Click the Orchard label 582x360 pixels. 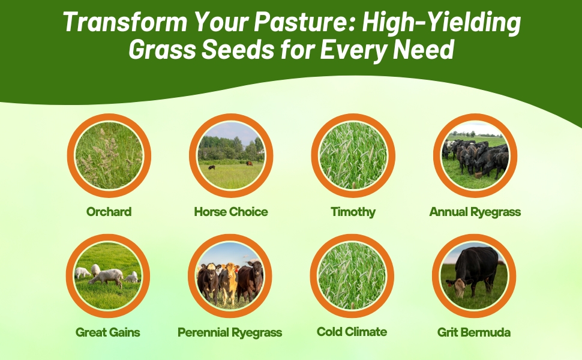pyautogui.click(x=109, y=212)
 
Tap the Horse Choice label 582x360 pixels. pyautogui.click(x=231, y=212)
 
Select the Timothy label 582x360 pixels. pyautogui.click(x=353, y=212)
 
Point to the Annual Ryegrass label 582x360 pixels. pyautogui.click(x=475, y=212)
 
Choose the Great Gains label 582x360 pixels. pyautogui.click(x=107, y=332)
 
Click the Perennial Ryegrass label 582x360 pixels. pyautogui.click(x=230, y=332)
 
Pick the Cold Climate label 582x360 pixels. pyautogui.click(x=352, y=332)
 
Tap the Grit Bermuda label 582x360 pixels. pyautogui.click(x=473, y=332)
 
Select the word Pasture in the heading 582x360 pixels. pyautogui.click(x=307, y=22)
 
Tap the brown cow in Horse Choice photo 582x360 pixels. pyautogui.click(x=250, y=163)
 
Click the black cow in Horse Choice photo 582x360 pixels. pyautogui.click(x=212, y=168)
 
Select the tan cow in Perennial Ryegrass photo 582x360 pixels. pyautogui.click(x=229, y=282)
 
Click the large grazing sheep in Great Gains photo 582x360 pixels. pyautogui.click(x=106, y=278)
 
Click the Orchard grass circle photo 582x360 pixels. pyautogui.click(x=109, y=155)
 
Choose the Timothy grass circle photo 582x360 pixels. pyautogui.click(x=353, y=155)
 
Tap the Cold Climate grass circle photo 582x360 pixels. pyautogui.click(x=352, y=276)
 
